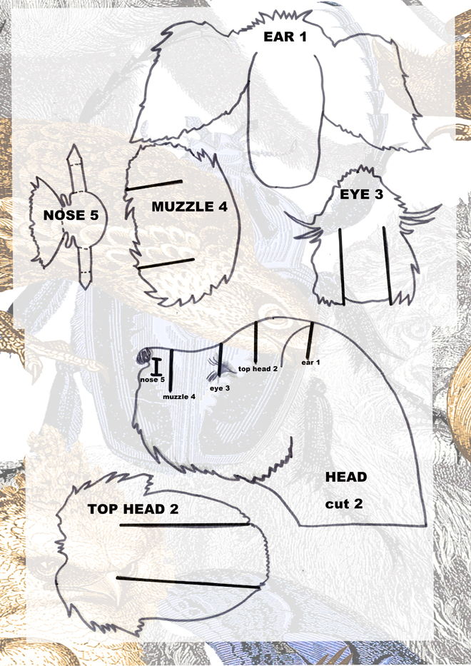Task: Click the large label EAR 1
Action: coord(285,37)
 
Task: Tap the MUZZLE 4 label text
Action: coord(189,207)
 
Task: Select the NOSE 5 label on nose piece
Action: coord(71,216)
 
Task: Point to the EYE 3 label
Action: coord(361,195)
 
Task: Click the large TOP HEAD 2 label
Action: coord(133,509)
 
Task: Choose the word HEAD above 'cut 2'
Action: coord(345,477)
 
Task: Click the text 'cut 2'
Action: coord(344,504)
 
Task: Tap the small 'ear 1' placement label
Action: coord(310,363)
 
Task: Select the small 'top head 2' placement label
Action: coord(258,368)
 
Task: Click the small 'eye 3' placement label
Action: coord(220,388)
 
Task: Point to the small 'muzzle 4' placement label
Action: coord(179,397)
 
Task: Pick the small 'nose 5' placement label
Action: coord(152,379)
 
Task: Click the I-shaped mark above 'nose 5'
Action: coord(156,367)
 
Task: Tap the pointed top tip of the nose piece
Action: coord(74,145)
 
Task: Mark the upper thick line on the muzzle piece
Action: coord(153,185)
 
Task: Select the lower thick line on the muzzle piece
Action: coord(166,264)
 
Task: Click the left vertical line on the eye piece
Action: coord(342,266)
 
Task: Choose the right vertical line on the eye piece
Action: coord(387,266)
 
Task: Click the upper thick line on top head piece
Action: coord(184,525)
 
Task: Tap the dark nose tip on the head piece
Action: coord(143,357)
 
